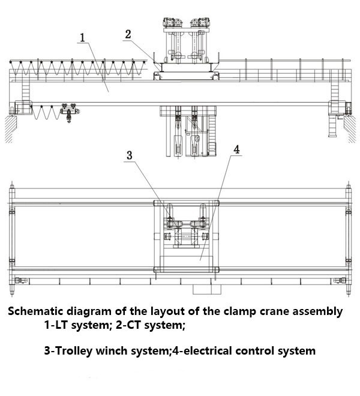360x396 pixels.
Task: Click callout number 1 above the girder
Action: (x=83, y=38)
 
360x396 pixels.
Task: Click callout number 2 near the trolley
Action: (x=127, y=34)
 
